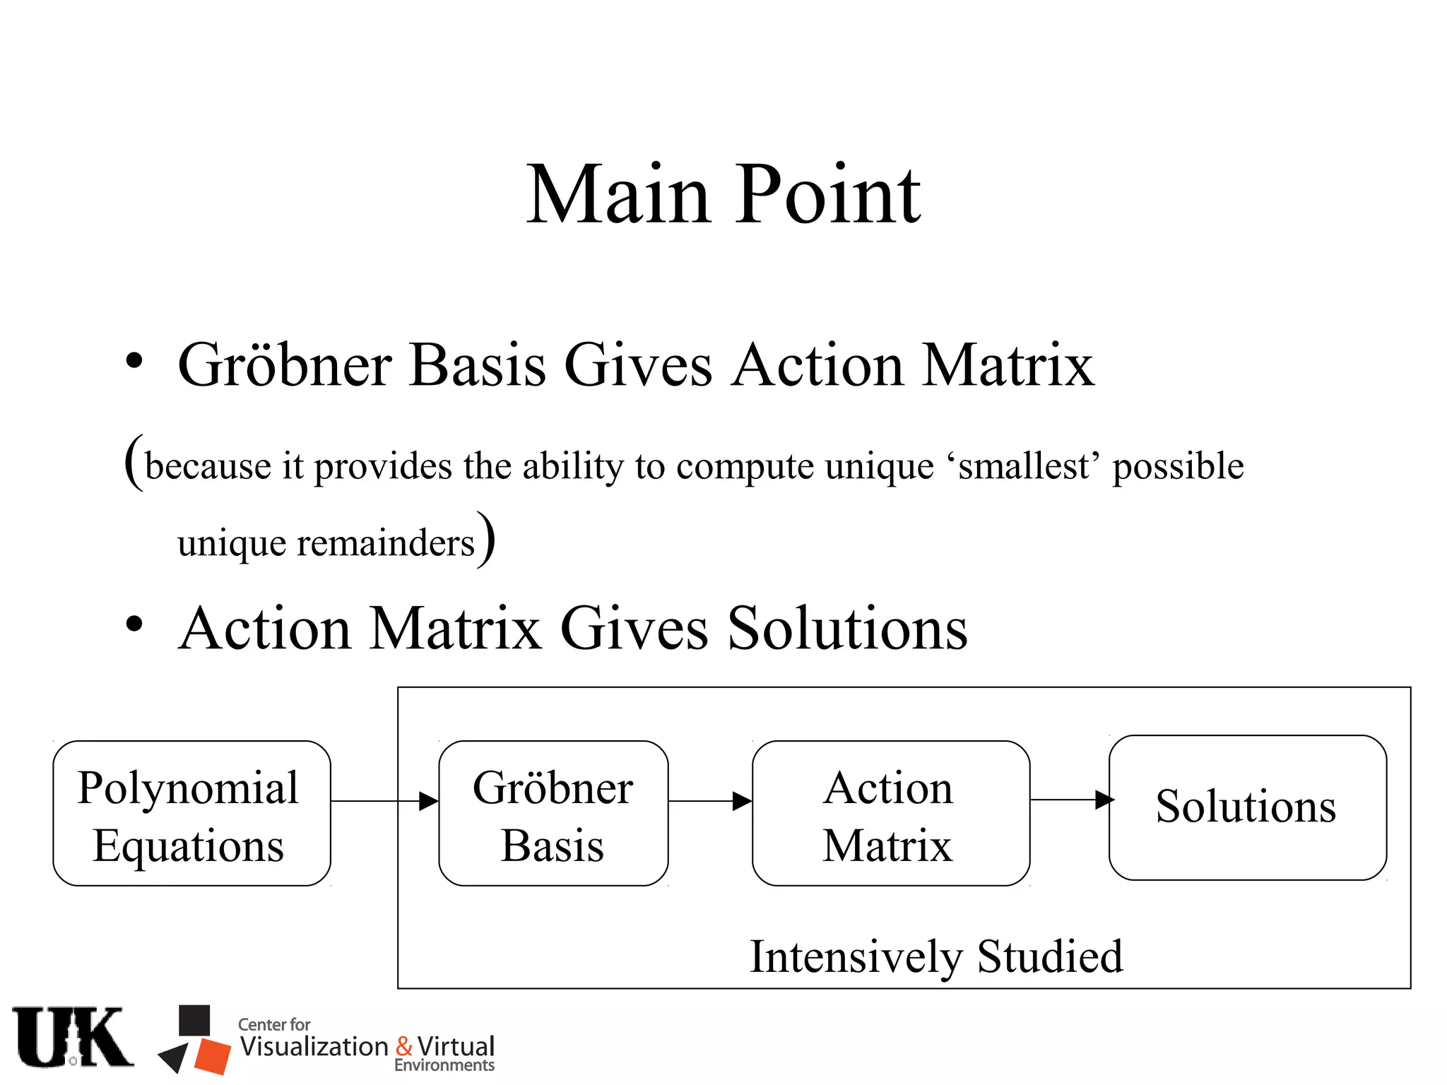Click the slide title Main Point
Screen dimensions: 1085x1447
723,194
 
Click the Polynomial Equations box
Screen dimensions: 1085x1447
191,813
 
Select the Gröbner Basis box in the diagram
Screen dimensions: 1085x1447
553,813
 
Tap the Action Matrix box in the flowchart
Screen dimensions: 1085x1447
890,813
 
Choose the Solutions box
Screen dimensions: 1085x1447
1247,807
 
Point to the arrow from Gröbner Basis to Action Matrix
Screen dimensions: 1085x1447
709,801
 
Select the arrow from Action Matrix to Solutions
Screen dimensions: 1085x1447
1070,800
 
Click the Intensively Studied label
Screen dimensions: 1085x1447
935,956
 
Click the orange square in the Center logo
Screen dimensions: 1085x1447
213,1056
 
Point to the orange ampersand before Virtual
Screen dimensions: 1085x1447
404,1046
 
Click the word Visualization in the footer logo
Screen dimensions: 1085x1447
314,1046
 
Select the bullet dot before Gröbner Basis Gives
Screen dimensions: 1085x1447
134,361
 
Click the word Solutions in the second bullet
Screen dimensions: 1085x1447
847,628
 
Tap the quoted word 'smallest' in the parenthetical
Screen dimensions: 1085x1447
1022,466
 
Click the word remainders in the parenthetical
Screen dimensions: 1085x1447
386,543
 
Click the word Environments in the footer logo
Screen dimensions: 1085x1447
444,1065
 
